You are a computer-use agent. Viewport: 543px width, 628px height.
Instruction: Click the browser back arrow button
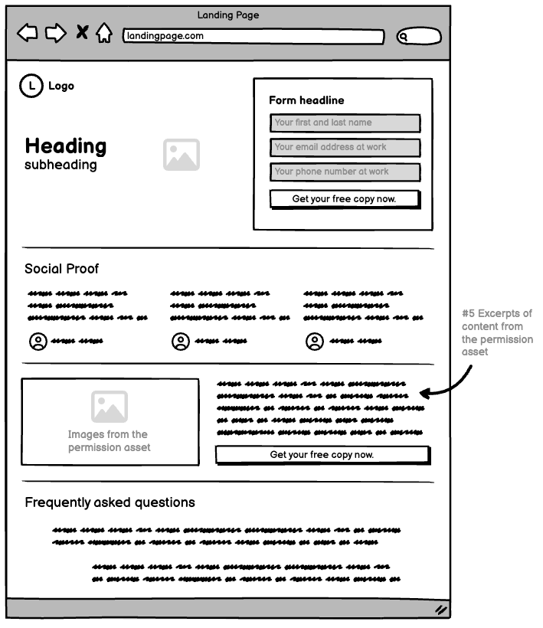tap(28, 33)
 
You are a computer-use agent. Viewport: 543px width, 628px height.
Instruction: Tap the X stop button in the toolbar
tap(82, 32)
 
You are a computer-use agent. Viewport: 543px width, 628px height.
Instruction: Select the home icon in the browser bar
tap(104, 34)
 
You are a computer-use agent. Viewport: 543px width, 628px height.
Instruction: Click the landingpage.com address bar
tap(253, 36)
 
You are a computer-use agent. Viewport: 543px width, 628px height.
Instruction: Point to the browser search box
tap(419, 36)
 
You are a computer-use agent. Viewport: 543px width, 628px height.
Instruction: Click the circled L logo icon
tap(31, 86)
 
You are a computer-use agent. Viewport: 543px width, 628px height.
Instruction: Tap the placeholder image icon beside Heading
tap(181, 155)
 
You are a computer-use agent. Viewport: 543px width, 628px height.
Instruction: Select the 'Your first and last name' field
tap(345, 123)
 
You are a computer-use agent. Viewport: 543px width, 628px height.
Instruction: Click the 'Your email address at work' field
tap(345, 147)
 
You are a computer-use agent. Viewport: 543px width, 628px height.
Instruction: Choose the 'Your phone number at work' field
tap(345, 172)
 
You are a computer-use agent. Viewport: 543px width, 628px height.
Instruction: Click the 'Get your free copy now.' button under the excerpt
tap(322, 455)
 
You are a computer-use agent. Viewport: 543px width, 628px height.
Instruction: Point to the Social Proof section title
tap(61, 269)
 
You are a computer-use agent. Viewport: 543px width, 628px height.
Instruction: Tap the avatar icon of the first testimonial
tap(38, 342)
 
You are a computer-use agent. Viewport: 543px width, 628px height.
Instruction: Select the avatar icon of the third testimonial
tap(314, 342)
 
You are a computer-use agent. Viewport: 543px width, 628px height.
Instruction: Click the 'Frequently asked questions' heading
tap(110, 502)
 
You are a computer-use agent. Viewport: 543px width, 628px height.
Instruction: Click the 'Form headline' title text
tap(306, 100)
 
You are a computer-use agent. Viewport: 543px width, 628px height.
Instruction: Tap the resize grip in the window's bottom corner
tap(441, 610)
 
